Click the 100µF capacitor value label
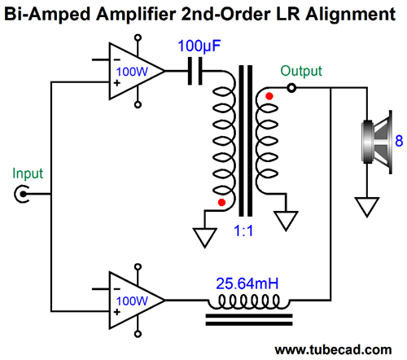(199, 46)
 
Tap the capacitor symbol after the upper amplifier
(195, 71)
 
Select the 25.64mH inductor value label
(247, 283)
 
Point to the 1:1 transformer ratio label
(243, 231)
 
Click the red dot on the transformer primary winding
(221, 202)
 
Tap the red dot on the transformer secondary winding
(269, 96)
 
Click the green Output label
(301, 71)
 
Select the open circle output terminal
(291, 88)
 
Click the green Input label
(28, 173)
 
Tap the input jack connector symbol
(22, 194)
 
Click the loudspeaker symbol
(377, 142)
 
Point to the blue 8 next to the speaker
(399, 141)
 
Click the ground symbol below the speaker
(367, 207)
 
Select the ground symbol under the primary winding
(205, 238)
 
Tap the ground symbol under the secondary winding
(287, 221)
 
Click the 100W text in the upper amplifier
(132, 72)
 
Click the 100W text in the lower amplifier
(132, 301)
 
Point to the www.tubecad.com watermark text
(333, 349)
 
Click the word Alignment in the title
(350, 14)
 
